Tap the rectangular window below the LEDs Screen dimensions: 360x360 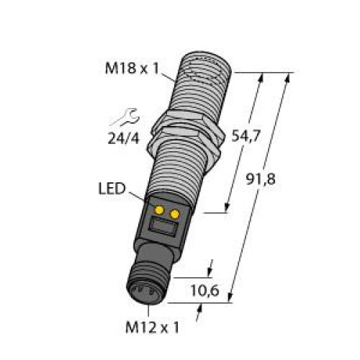tap(164, 230)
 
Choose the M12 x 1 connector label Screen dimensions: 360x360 tap(150, 328)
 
